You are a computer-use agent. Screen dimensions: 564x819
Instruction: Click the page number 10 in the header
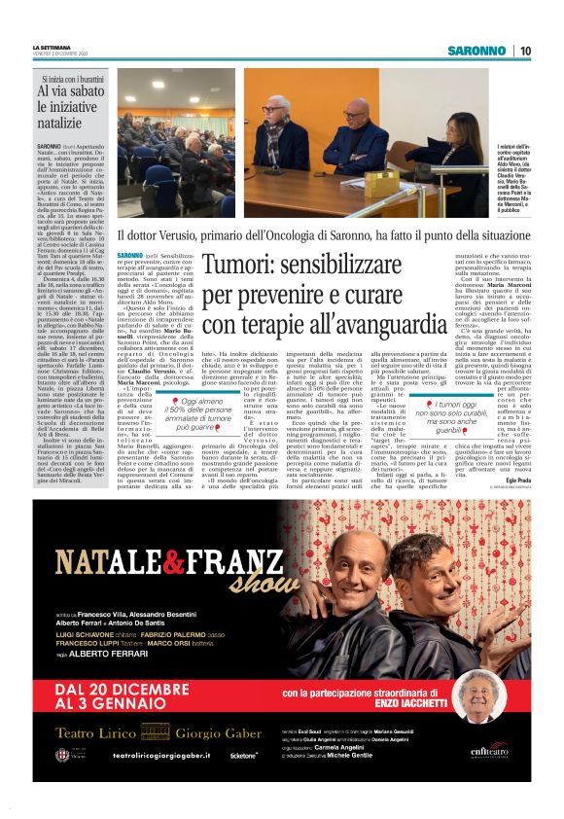524,51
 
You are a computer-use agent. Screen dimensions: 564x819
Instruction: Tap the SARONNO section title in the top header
476,51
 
